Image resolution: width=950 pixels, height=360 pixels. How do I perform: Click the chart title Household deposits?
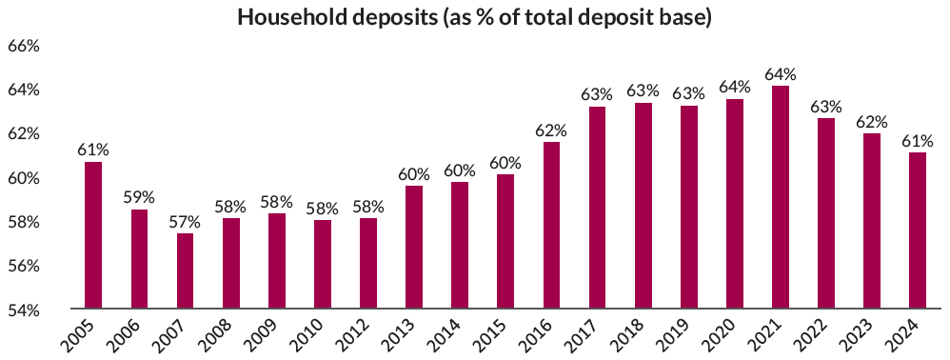474,18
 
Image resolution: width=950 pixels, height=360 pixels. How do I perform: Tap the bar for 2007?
185,271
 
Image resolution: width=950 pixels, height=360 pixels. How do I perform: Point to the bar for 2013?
414,248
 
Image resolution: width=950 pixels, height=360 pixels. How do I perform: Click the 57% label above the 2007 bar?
185,221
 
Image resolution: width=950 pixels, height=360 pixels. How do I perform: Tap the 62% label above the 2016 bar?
551,130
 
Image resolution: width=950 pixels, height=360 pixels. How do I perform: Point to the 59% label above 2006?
139,197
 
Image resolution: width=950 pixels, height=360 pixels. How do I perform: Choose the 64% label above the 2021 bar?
781,73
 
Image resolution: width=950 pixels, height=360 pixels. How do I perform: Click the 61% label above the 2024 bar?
918,140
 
